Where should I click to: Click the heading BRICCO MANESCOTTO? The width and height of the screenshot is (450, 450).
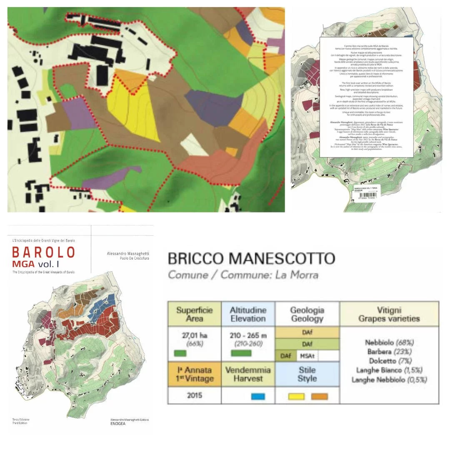coord(251,258)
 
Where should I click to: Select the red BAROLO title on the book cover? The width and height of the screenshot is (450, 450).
coord(43,252)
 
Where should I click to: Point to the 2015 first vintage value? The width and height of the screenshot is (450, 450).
coord(194,395)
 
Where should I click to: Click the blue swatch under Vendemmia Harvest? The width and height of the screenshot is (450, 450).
coord(258,396)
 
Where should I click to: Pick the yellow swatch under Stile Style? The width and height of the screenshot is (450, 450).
coord(296,396)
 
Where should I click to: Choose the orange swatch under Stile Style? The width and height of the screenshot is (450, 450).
coord(319,396)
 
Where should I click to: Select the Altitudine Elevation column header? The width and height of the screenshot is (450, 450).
coord(248,314)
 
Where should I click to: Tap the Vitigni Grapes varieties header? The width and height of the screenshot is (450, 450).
coord(389,314)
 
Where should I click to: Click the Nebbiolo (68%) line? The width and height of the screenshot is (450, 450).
coord(389,342)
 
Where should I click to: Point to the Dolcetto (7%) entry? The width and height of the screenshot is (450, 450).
coord(389,361)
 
